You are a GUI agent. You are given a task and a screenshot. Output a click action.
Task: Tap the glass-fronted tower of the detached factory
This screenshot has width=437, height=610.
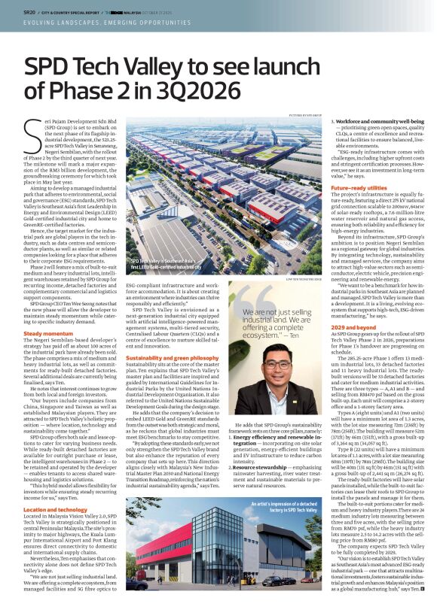pyautogui.click(x=203, y=538)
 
